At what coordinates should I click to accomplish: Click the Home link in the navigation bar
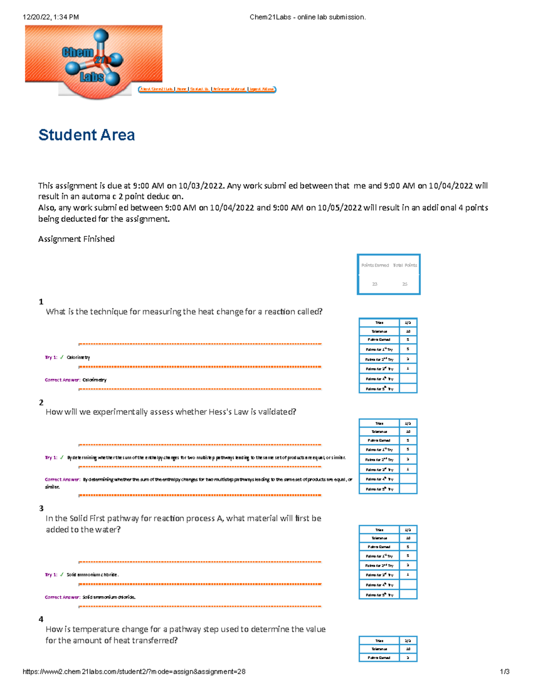(x=181, y=89)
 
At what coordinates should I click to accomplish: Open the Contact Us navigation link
(x=199, y=89)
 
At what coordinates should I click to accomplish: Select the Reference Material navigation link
(x=229, y=89)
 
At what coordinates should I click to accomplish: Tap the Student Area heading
(x=87, y=135)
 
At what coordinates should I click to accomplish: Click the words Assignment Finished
(x=76, y=239)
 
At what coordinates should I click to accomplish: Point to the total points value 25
(x=405, y=284)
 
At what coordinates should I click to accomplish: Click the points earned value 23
(x=374, y=284)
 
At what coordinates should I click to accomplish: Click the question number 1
(x=41, y=302)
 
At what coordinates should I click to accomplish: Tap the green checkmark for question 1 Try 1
(x=62, y=357)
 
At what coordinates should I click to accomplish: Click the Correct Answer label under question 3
(x=62, y=597)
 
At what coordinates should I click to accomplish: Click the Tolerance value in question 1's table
(x=408, y=331)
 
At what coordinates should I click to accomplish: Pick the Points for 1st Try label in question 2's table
(x=379, y=450)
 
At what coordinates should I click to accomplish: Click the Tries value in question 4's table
(x=408, y=641)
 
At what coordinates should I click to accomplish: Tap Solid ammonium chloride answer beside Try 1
(x=92, y=575)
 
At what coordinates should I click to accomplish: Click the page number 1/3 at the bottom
(x=505, y=672)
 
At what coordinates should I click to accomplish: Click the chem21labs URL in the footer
(x=134, y=672)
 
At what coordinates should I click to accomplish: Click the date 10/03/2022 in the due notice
(x=201, y=186)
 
